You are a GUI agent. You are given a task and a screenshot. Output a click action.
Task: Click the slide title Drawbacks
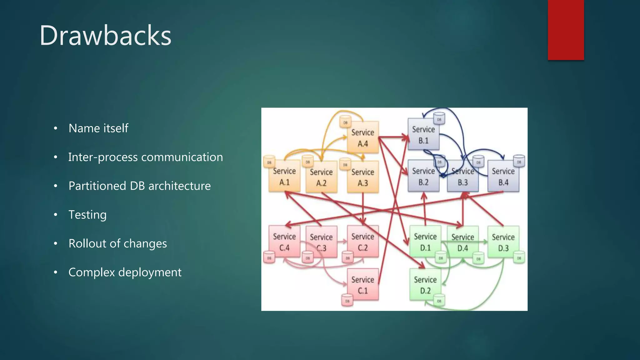click(x=105, y=36)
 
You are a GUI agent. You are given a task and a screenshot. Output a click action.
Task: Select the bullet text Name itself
click(x=98, y=128)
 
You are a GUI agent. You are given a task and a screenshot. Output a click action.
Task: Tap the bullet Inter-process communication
click(x=145, y=157)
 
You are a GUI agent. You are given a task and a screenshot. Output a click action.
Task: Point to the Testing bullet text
click(x=87, y=215)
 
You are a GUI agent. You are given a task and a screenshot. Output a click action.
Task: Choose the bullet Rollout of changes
click(x=117, y=243)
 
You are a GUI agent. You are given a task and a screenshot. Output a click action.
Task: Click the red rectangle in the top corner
click(x=566, y=30)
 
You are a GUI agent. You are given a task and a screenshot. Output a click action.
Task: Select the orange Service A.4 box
click(x=362, y=138)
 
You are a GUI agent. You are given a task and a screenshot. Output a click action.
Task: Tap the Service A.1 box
click(x=284, y=177)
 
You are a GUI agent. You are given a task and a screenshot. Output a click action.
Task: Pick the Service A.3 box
click(x=362, y=177)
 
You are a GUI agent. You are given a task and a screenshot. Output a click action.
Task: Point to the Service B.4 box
click(x=503, y=177)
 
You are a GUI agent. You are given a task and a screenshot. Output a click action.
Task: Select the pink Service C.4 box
click(x=284, y=242)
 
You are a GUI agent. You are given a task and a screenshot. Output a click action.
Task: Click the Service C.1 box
click(x=362, y=285)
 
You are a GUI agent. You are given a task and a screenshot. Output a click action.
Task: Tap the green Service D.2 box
click(x=425, y=285)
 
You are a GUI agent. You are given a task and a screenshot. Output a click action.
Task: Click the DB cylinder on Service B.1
click(x=439, y=119)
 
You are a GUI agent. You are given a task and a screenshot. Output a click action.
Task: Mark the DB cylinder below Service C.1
click(x=347, y=301)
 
